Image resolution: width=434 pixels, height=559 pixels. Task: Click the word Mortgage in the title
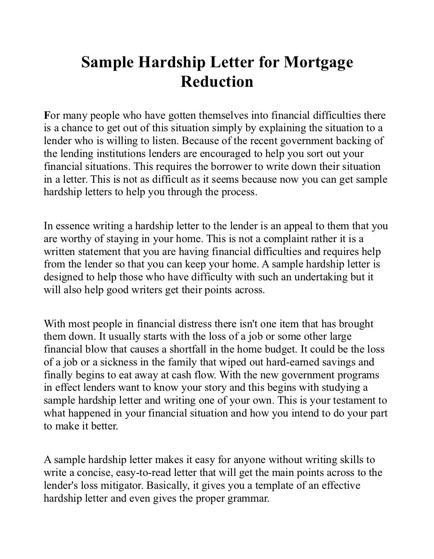(318, 63)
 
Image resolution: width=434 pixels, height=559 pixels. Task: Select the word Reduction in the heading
(217, 81)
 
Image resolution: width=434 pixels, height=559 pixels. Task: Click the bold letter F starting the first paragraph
(47, 115)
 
